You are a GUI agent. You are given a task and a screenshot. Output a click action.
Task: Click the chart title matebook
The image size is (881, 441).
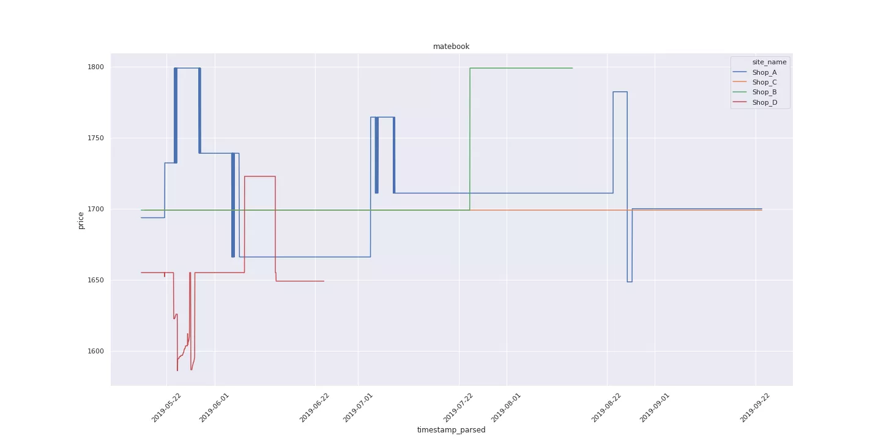pyautogui.click(x=451, y=47)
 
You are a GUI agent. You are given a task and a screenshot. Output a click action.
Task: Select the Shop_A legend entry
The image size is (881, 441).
pyautogui.click(x=764, y=72)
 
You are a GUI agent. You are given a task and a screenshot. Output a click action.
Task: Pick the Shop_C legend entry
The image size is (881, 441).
pyautogui.click(x=764, y=82)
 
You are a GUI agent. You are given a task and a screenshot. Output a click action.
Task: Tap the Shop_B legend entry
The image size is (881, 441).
pyautogui.click(x=764, y=92)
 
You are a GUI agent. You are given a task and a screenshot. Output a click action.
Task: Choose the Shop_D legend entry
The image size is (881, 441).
pyautogui.click(x=764, y=102)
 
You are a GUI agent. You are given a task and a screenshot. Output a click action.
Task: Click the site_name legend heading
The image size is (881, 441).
pyautogui.click(x=769, y=62)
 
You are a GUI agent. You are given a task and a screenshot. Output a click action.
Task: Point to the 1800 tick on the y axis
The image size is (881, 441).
pyautogui.click(x=95, y=67)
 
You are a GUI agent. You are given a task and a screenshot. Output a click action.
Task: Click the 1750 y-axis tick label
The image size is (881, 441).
pyautogui.click(x=95, y=138)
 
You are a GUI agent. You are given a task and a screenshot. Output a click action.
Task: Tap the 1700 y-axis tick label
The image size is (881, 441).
pyautogui.click(x=95, y=209)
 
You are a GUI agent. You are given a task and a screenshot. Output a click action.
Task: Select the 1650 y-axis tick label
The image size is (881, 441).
pyautogui.click(x=95, y=280)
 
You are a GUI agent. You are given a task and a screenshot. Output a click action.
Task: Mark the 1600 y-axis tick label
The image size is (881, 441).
pyautogui.click(x=95, y=351)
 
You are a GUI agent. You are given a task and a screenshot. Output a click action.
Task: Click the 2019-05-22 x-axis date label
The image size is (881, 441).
pyautogui.click(x=166, y=407)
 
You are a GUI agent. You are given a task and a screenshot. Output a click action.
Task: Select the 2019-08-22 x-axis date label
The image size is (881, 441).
pyautogui.click(x=606, y=407)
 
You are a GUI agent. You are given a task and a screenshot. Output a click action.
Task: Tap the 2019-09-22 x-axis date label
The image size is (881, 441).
pyautogui.click(x=755, y=407)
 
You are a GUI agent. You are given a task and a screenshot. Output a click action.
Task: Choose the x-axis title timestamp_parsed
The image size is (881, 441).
pyautogui.click(x=451, y=430)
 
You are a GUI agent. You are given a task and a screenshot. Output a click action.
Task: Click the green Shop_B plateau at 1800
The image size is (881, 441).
pyautogui.click(x=520, y=68)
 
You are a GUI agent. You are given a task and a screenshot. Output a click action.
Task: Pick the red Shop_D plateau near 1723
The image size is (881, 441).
pyautogui.click(x=260, y=176)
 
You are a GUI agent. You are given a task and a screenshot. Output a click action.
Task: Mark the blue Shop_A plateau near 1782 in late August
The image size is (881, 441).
pyautogui.click(x=620, y=92)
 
